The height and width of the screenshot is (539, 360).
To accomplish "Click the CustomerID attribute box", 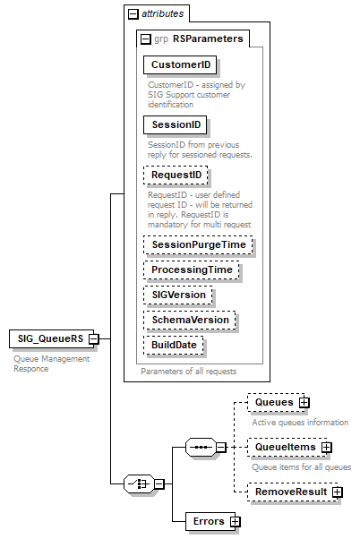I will click(x=181, y=65).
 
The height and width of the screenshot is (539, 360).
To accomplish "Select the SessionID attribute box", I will click(x=176, y=124).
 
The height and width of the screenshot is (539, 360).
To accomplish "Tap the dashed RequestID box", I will click(x=176, y=175).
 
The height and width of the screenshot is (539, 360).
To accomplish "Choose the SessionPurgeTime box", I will click(x=198, y=244).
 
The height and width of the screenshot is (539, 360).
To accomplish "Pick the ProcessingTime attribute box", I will click(x=192, y=269).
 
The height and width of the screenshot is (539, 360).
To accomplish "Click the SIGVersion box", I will click(x=178, y=295).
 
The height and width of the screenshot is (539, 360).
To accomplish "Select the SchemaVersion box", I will click(x=189, y=320).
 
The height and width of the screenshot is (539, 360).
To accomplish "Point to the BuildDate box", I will click(x=174, y=345).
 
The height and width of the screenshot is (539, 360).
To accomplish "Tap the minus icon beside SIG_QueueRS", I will click(x=93, y=339).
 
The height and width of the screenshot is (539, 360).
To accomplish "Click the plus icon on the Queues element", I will click(x=304, y=404).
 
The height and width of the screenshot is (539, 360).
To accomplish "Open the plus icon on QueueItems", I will click(x=327, y=447).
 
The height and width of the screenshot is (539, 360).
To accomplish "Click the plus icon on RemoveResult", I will click(x=337, y=492).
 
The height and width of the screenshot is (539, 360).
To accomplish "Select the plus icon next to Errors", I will click(x=235, y=520).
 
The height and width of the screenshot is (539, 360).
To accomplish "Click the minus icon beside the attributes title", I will click(x=133, y=14).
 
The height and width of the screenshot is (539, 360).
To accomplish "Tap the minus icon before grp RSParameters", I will click(x=145, y=39).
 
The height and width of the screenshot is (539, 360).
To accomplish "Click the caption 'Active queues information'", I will click(x=299, y=422).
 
